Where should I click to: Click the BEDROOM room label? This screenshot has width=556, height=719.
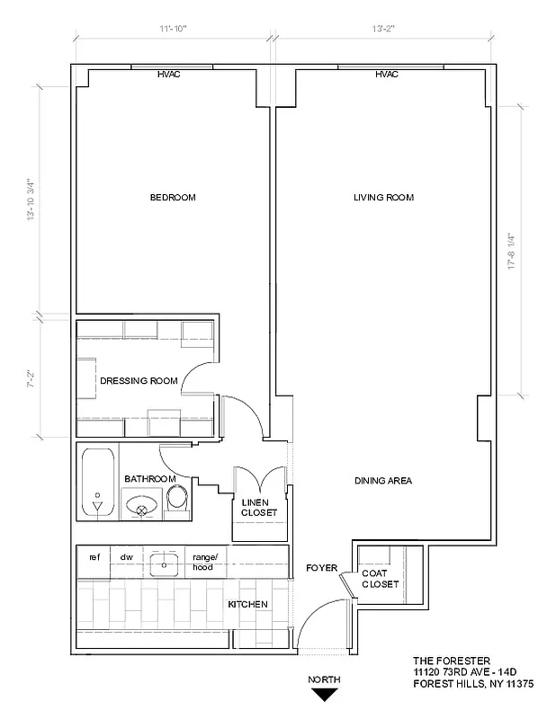coord(173,198)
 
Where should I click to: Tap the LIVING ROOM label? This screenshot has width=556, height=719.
coord(383,198)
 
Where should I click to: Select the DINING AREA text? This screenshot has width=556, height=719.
coord(383,481)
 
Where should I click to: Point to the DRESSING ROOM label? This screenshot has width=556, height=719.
coord(139,381)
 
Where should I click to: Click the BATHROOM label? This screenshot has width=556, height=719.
coord(149,479)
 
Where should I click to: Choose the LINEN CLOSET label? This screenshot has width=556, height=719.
coord(259,507)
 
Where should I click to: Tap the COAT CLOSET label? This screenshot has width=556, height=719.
coord(380,579)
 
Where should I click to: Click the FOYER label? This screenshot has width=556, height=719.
coord(321,568)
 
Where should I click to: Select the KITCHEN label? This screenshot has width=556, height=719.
coord(247,604)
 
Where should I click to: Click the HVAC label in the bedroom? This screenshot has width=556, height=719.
coord(168,75)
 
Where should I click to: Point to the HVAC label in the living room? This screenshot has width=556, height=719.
coord(387,75)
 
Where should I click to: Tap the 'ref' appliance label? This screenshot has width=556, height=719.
coord(94,557)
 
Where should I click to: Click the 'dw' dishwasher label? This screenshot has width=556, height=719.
coord(127,557)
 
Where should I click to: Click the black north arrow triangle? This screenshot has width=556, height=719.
coord(324,694)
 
